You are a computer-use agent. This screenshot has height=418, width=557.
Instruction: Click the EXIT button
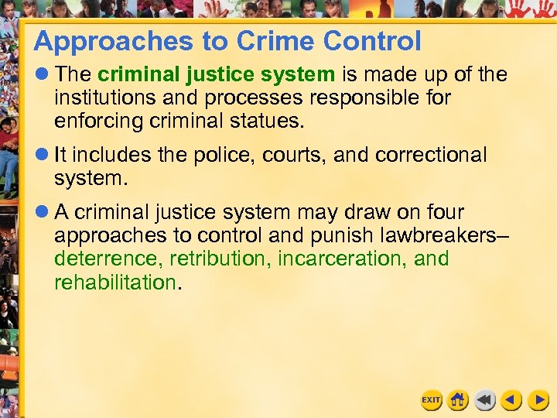click(431, 399)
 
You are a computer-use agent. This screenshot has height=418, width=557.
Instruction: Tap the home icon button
click(458, 399)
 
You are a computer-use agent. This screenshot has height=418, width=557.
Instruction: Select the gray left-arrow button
click(485, 399)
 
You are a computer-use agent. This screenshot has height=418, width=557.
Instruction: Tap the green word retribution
click(219, 259)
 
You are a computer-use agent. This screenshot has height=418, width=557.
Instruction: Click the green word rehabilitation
click(114, 282)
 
